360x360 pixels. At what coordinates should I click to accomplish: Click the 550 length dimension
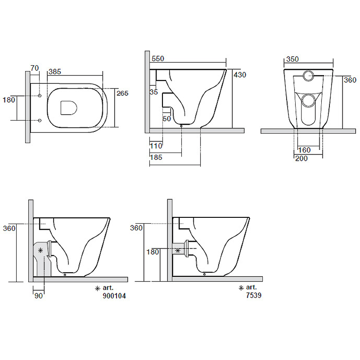click(158, 58)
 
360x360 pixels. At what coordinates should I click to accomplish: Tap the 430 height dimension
click(240, 75)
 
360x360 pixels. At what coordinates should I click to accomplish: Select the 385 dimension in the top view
click(55, 72)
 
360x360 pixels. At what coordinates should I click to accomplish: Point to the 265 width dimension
click(122, 93)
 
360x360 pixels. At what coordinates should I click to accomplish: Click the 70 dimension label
click(35, 68)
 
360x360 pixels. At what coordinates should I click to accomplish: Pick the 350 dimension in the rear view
click(292, 59)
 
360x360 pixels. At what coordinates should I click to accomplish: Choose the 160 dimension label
click(305, 150)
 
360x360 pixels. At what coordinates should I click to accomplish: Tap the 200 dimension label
click(301, 158)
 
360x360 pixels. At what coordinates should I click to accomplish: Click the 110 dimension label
click(156, 146)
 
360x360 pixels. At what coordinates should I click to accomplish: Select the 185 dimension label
click(156, 157)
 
